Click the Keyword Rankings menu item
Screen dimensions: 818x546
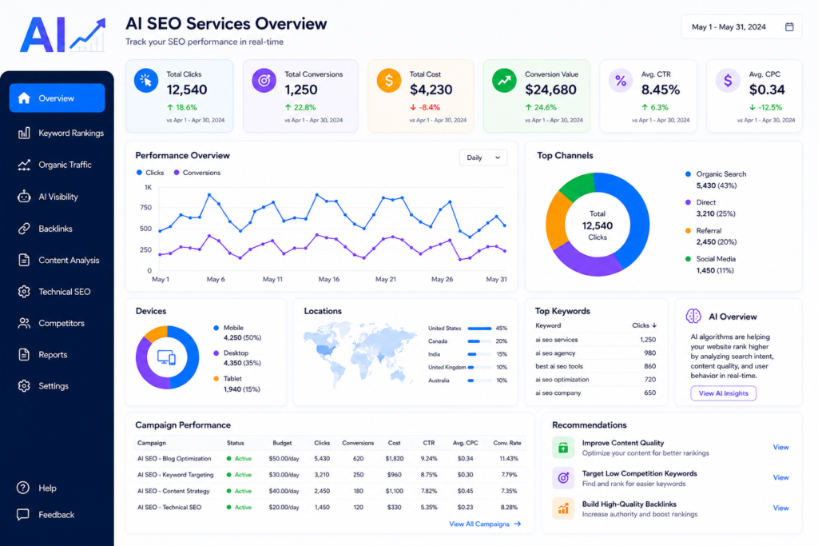click(61, 134)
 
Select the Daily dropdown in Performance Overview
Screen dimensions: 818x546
click(483, 157)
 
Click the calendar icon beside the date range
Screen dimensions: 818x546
click(789, 26)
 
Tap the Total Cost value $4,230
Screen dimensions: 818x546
click(431, 90)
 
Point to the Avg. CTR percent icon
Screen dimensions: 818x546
click(620, 81)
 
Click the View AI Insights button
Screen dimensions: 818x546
click(724, 393)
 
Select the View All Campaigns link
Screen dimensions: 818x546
click(485, 524)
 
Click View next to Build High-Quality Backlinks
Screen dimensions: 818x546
click(780, 508)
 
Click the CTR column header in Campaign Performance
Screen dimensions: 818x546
click(429, 443)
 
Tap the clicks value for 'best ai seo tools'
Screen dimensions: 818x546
click(649, 366)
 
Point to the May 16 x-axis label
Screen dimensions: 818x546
click(328, 279)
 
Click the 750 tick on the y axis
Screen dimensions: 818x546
click(146, 207)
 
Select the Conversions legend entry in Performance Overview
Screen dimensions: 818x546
click(197, 173)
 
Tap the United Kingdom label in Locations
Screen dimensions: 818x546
click(447, 368)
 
